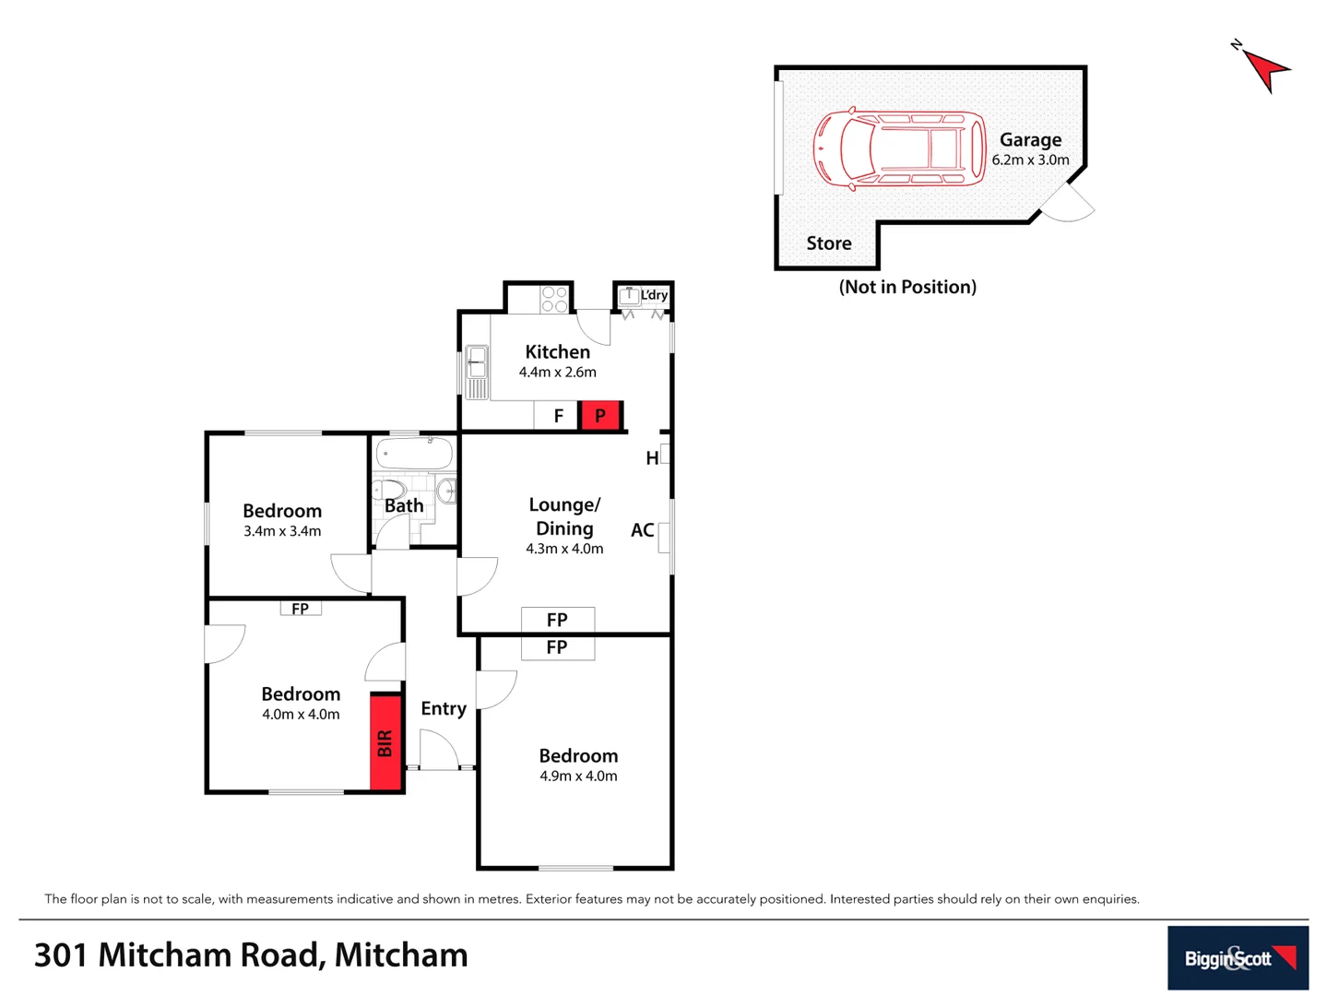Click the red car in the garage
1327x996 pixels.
[x=899, y=149]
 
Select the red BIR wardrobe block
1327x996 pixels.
[x=385, y=742]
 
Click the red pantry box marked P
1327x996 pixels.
[x=600, y=416]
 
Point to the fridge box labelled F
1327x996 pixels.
[x=557, y=416]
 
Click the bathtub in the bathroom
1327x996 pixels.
[x=415, y=453]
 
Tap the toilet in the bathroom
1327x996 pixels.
[x=390, y=489]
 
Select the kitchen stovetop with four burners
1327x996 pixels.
[x=554, y=299]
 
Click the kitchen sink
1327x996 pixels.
[x=476, y=371]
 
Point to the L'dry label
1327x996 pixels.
[x=654, y=295]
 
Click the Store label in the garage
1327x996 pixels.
[x=829, y=243]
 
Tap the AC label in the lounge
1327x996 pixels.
[x=642, y=530]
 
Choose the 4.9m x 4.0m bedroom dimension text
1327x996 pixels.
[x=578, y=777]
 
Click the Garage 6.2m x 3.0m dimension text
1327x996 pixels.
[x=1030, y=160]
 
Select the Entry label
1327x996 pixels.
[x=444, y=708]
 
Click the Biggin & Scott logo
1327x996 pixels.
[x=1238, y=958]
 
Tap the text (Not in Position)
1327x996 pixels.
[x=907, y=287]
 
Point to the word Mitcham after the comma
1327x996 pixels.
[x=401, y=955]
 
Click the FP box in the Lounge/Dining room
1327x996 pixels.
[x=557, y=620]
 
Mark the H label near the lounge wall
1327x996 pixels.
[x=652, y=458]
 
